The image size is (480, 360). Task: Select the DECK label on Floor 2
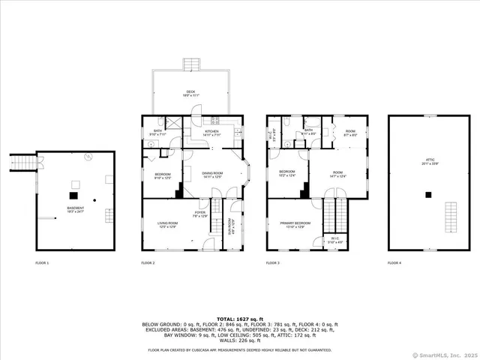[x=190, y=93]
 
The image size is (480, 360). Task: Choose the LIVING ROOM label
[x=166, y=224]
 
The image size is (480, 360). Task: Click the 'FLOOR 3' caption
[x=273, y=263]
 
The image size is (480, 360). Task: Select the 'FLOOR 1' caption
[x=42, y=263]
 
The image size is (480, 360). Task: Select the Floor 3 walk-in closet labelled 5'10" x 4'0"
[x=335, y=242]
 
